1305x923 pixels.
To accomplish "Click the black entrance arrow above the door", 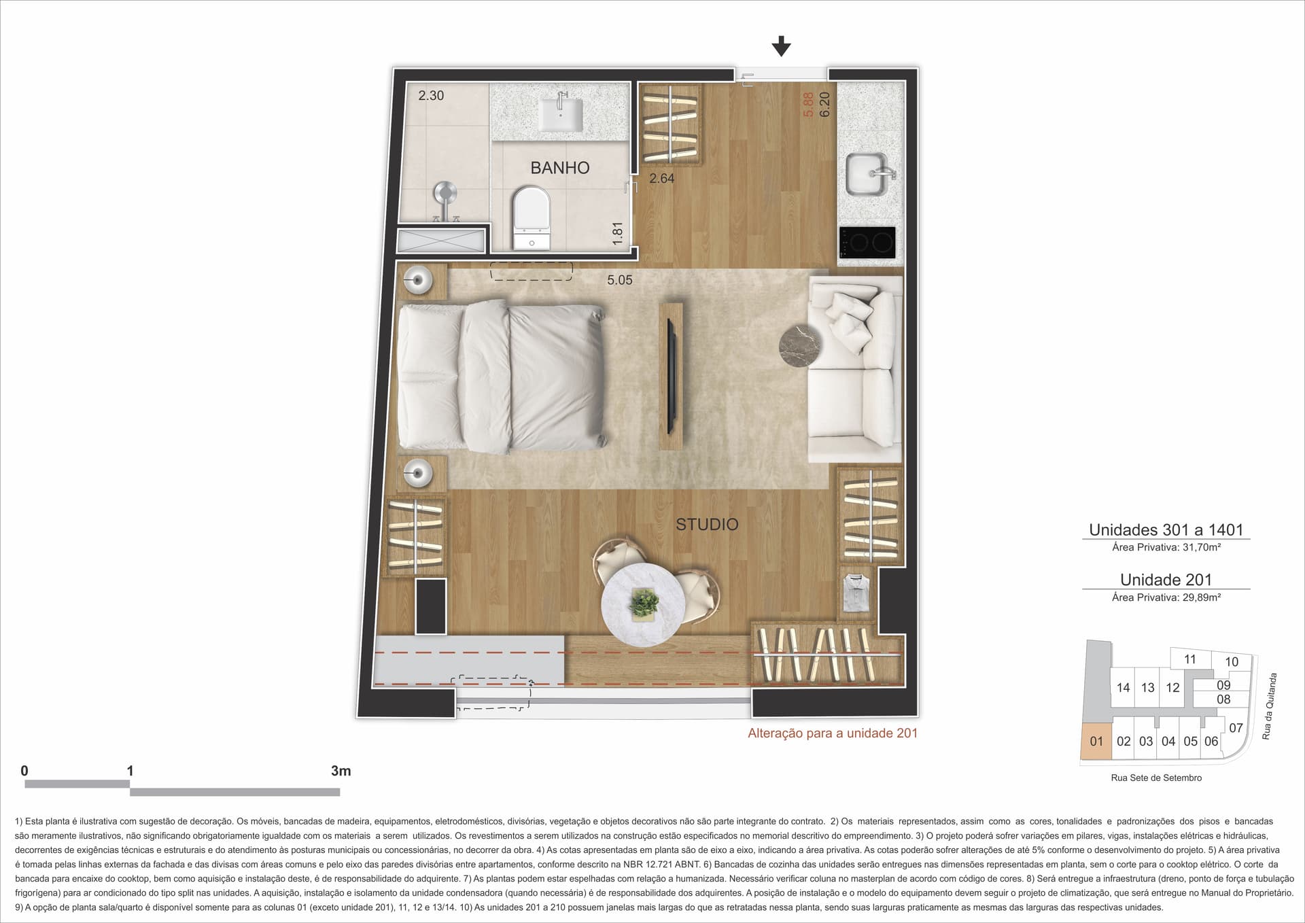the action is (782, 46).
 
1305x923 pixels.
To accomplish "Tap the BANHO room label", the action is (560, 168).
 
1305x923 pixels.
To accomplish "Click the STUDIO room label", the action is (707, 524).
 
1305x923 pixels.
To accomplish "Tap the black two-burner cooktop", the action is (867, 242).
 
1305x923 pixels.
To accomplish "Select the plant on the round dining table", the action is (644, 602).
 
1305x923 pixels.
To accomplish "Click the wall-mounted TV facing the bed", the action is (672, 375).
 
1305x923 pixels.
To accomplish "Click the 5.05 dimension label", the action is (620, 280).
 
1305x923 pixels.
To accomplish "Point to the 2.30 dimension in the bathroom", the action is (431, 96).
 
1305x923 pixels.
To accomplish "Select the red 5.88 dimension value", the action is (809, 105).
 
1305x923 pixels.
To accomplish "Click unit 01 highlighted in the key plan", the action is (1096, 741).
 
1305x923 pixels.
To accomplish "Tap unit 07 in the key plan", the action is (1236, 728).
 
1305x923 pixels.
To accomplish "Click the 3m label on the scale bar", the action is (341, 771).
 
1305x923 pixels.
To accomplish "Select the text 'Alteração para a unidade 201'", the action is (833, 733).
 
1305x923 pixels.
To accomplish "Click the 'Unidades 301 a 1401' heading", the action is (1166, 529).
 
